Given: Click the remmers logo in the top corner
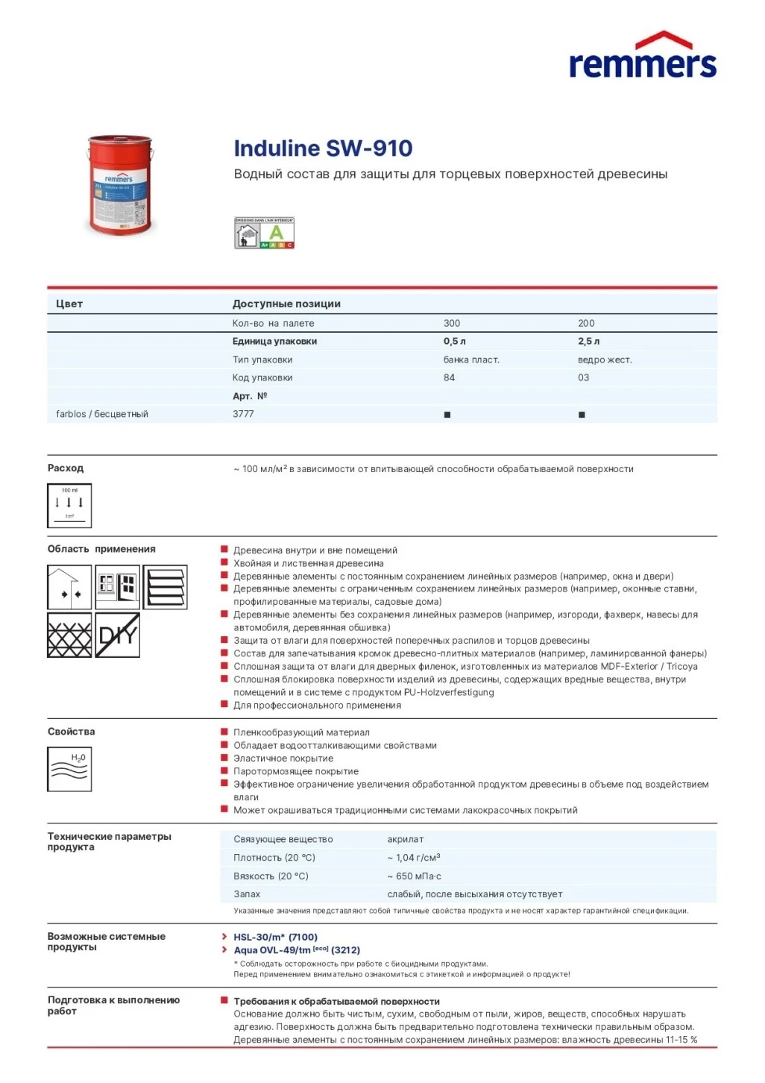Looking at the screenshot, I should (x=643, y=56).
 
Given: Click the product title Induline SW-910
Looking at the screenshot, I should (x=323, y=148).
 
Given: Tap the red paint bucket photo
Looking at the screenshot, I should (x=120, y=184).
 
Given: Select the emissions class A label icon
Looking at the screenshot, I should (x=265, y=233).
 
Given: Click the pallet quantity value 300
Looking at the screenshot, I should (x=452, y=324).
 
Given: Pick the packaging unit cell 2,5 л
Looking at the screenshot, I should (x=588, y=342).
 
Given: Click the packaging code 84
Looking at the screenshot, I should (x=449, y=378).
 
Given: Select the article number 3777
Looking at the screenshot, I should (x=243, y=414).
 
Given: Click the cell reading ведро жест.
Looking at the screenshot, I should (x=605, y=360).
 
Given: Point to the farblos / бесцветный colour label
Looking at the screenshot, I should (x=102, y=415).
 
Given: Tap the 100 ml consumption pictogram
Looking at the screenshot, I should (x=69, y=506).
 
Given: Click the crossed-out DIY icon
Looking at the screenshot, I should (x=118, y=635).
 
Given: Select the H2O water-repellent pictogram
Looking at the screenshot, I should (x=69, y=769).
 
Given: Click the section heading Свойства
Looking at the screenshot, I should (x=72, y=732).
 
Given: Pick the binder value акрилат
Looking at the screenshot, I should (x=406, y=840).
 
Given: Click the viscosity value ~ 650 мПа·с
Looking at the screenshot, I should (x=415, y=876).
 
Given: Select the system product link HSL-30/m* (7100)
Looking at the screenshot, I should (x=275, y=938).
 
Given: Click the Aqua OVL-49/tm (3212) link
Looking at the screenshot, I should (x=297, y=950).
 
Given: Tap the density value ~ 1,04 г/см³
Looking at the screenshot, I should (x=414, y=858).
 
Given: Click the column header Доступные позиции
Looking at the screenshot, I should (x=286, y=304).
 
